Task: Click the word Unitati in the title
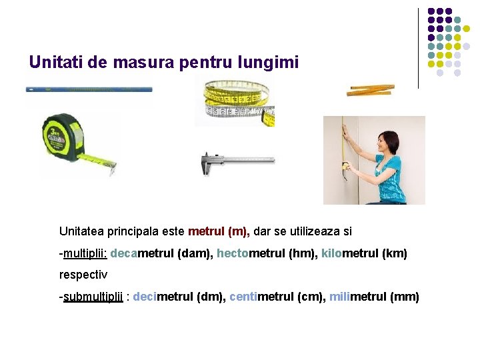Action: pyautogui.click(x=52, y=63)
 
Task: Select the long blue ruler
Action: pyautogui.click(x=89, y=88)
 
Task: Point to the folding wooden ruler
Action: pyautogui.click(x=371, y=89)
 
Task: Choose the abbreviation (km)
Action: pyautogui.click(x=395, y=254)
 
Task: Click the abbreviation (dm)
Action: pyautogui.click(x=210, y=297)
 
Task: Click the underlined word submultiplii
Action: pyautogui.click(x=93, y=297)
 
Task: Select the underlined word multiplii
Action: pyautogui.click(x=85, y=254)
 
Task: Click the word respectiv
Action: pyautogui.click(x=83, y=275)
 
